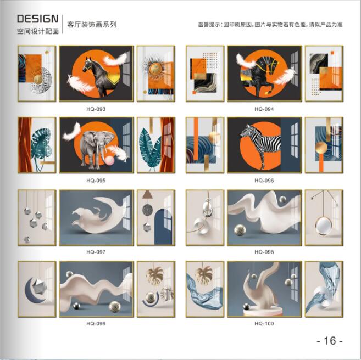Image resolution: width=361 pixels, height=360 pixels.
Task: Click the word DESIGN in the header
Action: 38,19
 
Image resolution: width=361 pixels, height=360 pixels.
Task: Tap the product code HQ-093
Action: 96,109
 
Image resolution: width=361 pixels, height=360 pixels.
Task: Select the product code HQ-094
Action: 264,109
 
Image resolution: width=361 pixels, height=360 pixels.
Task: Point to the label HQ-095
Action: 96,181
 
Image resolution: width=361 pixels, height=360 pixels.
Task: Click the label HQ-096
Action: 264,181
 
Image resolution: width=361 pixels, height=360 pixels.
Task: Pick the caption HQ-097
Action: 96,252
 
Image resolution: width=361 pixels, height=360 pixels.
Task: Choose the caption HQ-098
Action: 264,252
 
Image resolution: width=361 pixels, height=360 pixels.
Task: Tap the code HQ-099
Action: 96,323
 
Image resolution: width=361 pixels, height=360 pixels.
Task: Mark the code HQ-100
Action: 264,323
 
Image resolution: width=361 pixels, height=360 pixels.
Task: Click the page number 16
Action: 330,340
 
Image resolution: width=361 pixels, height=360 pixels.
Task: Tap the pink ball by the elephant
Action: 109,161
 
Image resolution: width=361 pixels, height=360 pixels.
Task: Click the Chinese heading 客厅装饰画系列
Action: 92,25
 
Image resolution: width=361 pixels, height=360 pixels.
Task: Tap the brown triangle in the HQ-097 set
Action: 146,195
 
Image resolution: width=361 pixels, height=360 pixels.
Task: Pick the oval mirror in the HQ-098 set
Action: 324,226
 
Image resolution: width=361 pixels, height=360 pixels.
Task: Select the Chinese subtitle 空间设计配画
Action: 38,31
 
